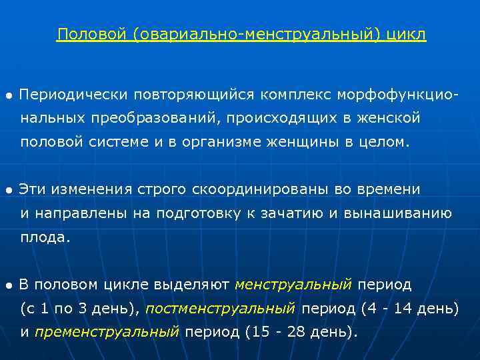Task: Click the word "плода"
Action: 43,237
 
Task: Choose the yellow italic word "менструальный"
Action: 293,285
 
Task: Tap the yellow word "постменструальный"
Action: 220,309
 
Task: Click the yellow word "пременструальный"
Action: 107,332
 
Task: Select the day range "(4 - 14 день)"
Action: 409,309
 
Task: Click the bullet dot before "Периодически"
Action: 8,96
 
